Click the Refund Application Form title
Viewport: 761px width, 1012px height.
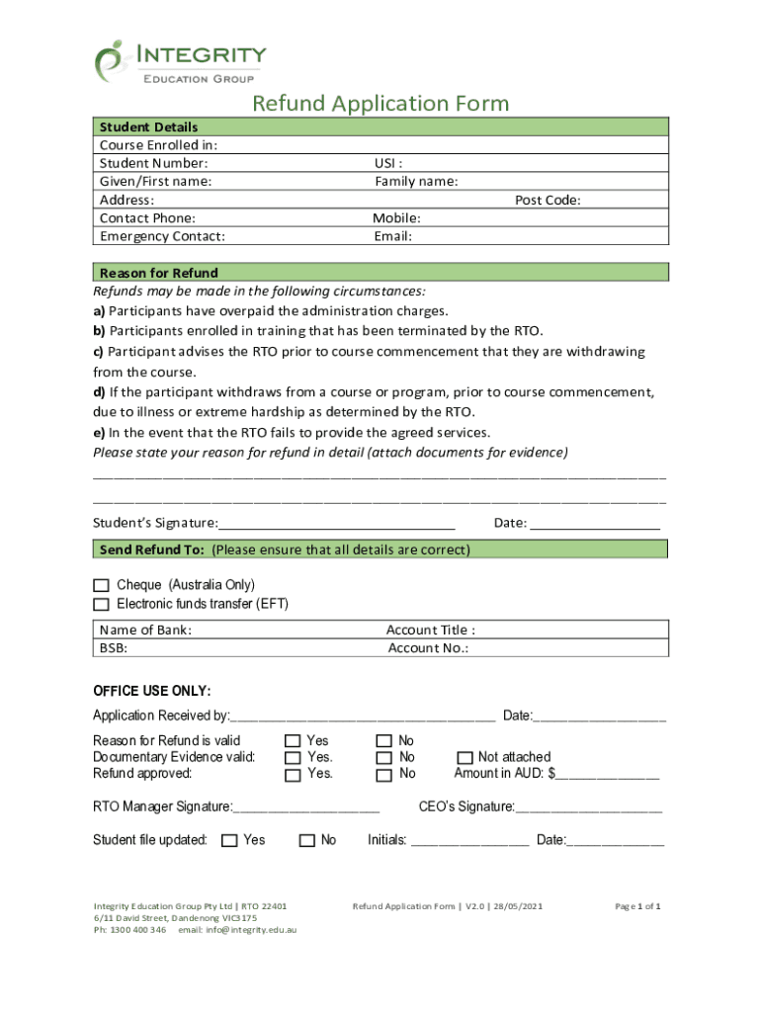pos(380,104)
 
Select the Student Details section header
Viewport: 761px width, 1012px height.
pos(148,126)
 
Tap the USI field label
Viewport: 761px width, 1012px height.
pos(387,163)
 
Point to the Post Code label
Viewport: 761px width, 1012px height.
pos(547,200)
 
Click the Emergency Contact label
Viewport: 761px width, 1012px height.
pos(162,236)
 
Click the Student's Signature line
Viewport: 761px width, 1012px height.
pos(336,524)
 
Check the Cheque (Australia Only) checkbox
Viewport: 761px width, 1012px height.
pos(101,586)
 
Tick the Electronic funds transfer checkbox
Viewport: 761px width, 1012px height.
pos(101,604)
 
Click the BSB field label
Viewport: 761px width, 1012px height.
pos(114,648)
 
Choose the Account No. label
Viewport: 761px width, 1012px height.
pos(428,648)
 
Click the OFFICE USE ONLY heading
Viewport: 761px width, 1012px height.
pos(151,690)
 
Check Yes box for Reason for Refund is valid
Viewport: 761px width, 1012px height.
pos(293,740)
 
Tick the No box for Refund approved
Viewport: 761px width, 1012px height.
pos(383,774)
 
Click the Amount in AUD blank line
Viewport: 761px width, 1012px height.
pos(608,775)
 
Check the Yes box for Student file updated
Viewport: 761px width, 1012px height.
pos(229,840)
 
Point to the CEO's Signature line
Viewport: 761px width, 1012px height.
pos(589,808)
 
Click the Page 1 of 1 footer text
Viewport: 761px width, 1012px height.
pos(637,906)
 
